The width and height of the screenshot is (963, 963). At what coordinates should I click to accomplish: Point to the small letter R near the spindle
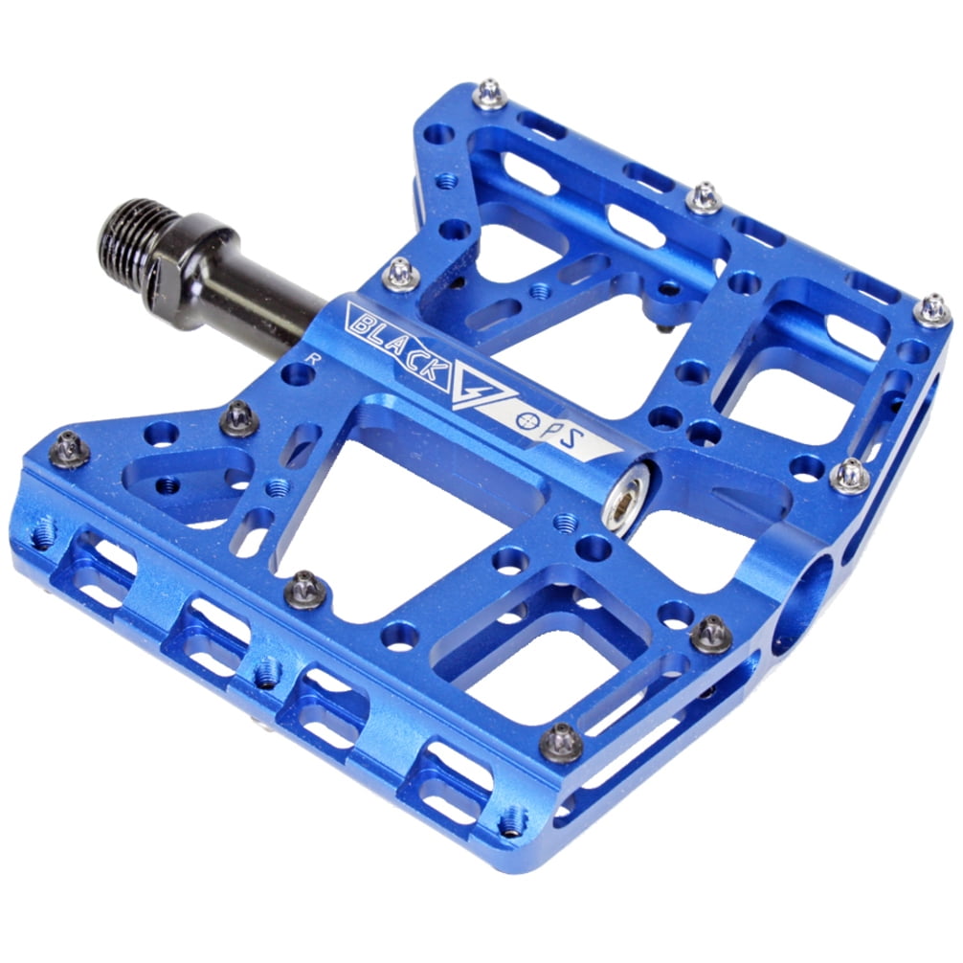314,359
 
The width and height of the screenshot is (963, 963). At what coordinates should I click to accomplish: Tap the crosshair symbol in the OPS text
526,420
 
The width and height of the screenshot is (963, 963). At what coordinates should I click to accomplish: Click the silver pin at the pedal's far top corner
489,95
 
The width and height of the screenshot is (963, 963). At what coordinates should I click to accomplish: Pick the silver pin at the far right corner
933,311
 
